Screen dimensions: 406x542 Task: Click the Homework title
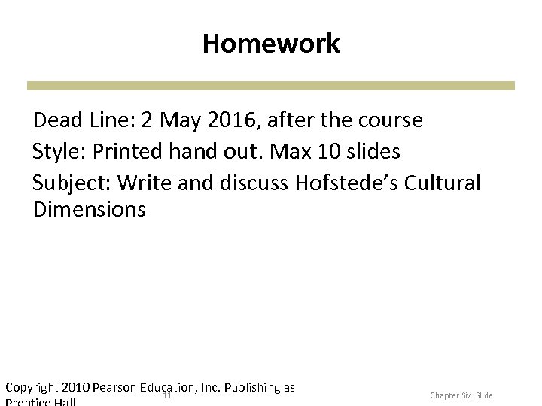[x=271, y=44]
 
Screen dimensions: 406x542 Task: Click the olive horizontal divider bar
[x=271, y=86]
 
